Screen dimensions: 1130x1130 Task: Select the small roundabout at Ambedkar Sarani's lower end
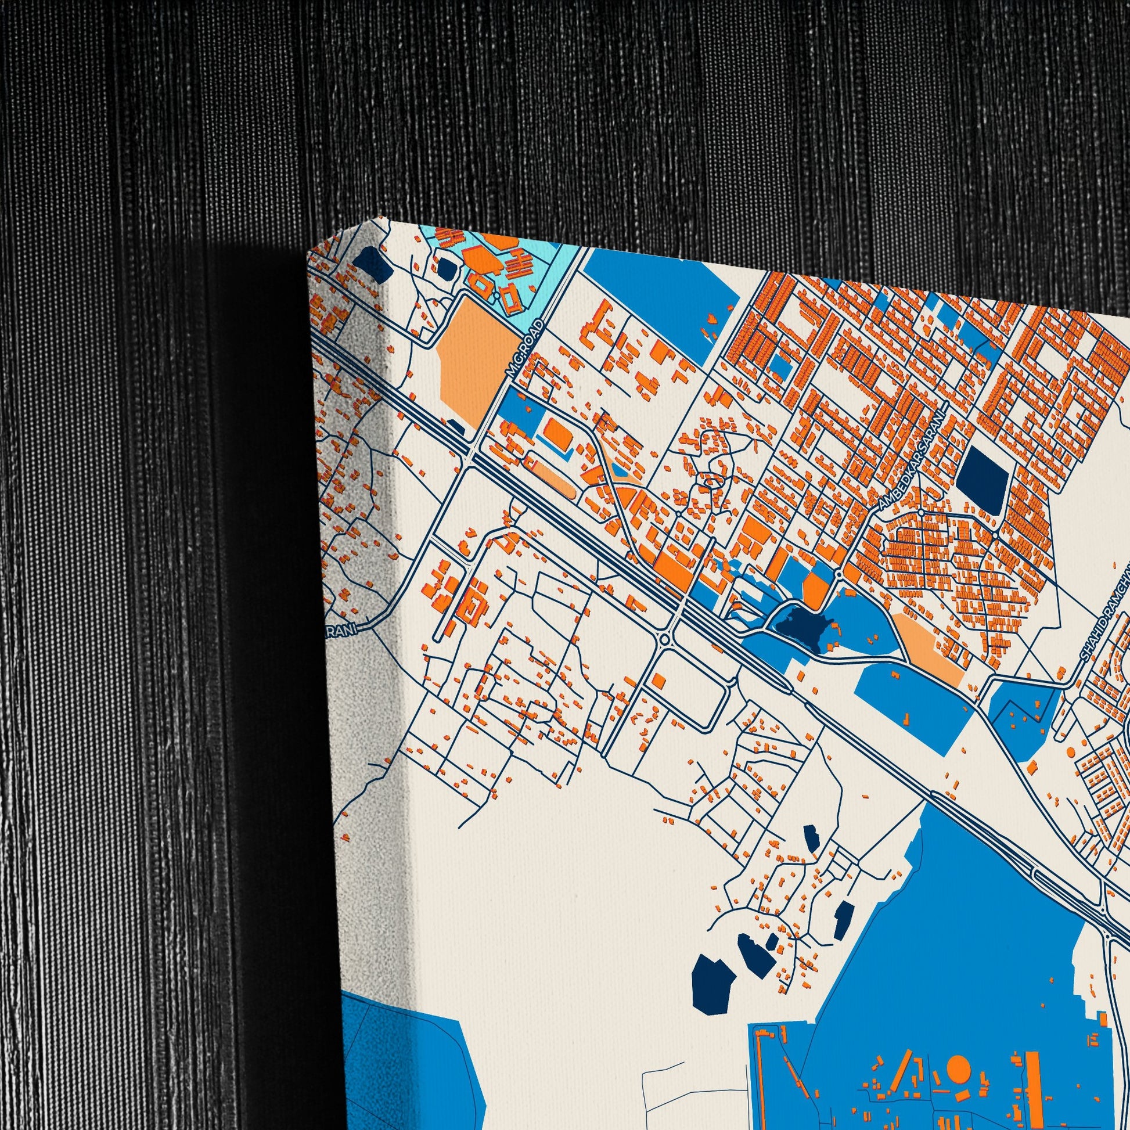(x=838, y=575)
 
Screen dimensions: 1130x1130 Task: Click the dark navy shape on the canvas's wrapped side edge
(x=374, y=264)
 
